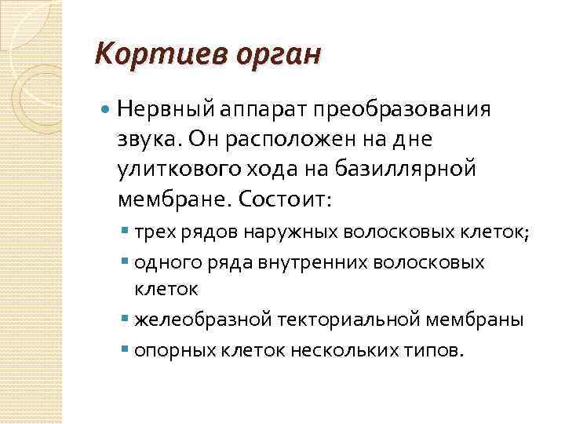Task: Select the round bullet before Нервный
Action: (107, 109)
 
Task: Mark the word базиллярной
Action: (412, 169)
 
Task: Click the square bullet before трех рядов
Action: (128, 233)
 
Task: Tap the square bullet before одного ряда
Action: (128, 262)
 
